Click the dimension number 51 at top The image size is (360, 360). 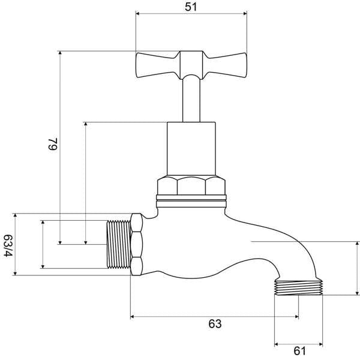tap(191, 7)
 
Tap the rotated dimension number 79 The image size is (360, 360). tap(53, 144)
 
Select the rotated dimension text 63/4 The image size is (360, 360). tap(8, 246)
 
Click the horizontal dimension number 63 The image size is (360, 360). tap(215, 324)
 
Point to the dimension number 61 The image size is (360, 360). tap(300, 351)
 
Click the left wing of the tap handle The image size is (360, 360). tap(157, 65)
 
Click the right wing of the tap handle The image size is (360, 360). tap(225, 65)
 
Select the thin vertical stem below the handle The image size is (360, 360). tap(191, 100)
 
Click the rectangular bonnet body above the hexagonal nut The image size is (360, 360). tap(191, 149)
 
